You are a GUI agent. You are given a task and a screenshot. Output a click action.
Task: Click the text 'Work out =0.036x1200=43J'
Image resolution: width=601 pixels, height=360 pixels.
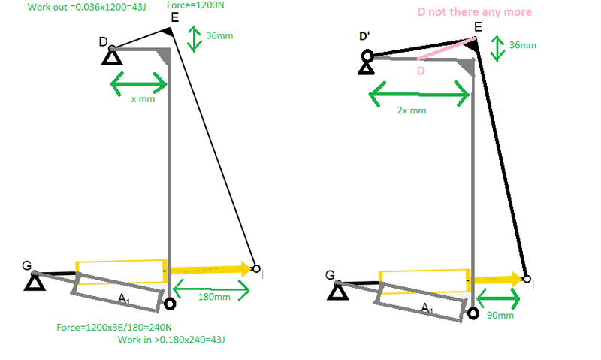(x=86, y=7)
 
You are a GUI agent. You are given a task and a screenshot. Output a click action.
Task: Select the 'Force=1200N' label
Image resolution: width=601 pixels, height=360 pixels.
(x=195, y=5)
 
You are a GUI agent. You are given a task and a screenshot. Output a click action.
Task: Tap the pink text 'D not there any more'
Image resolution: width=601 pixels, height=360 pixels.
(x=475, y=12)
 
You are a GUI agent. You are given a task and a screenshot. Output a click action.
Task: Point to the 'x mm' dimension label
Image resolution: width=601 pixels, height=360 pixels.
(x=143, y=99)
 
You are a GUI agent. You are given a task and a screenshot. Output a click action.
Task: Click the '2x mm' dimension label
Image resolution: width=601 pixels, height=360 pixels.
(x=412, y=110)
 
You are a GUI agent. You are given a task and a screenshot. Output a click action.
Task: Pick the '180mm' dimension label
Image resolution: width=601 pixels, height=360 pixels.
(x=214, y=297)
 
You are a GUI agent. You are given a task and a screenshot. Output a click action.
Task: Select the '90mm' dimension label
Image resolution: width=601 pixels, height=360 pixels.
(x=500, y=315)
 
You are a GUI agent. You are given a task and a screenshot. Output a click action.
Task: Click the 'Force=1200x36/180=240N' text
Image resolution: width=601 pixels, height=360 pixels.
(x=114, y=328)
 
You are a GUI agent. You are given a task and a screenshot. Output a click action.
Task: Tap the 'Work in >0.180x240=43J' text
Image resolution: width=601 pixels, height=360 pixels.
(x=171, y=340)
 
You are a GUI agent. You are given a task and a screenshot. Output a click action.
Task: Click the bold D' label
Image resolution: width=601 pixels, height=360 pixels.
(x=364, y=36)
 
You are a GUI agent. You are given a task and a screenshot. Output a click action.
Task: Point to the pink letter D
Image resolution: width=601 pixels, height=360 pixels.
(x=421, y=71)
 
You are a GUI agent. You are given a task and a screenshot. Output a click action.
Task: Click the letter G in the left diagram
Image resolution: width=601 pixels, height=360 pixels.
(x=27, y=265)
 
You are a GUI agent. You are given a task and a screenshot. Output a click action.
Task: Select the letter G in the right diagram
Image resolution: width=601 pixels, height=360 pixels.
(x=330, y=275)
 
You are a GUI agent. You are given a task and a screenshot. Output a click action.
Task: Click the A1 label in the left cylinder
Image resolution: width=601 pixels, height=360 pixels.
(x=124, y=298)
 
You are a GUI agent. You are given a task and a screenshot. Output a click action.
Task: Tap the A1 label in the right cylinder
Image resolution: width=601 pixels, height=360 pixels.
(x=427, y=307)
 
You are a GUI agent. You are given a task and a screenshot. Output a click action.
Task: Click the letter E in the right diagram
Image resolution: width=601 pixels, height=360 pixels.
(x=478, y=27)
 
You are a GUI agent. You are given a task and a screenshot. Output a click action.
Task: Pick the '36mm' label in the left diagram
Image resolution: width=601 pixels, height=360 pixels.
(x=219, y=35)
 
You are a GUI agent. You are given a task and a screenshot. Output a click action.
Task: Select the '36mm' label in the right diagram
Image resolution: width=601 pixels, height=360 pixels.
(x=522, y=45)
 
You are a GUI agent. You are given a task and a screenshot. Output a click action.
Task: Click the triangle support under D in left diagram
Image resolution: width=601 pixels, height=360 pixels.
(x=112, y=59)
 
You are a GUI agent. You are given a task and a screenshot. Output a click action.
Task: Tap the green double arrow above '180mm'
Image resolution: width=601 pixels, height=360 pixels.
(x=212, y=289)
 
